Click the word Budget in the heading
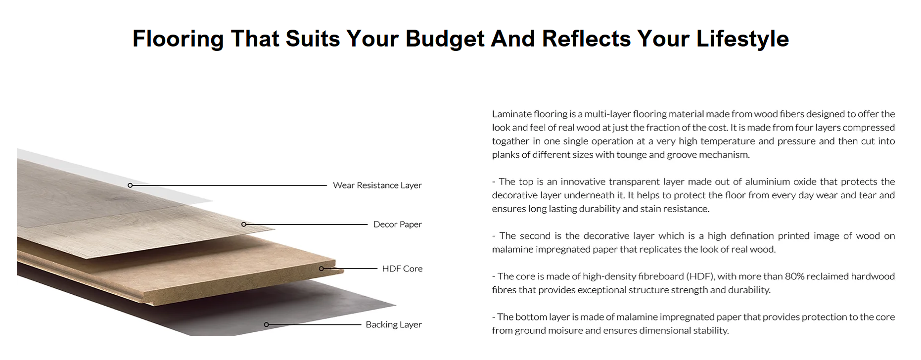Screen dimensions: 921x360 445,39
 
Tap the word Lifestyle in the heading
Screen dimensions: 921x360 742,39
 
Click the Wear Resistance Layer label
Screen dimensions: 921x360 377,185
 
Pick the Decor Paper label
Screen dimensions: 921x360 398,225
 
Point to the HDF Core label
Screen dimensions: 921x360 402,269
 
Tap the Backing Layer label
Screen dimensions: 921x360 394,324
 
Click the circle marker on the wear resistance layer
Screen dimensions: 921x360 130,185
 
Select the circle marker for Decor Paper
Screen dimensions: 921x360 243,225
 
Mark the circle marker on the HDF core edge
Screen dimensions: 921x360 321,269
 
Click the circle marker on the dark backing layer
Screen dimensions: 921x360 266,325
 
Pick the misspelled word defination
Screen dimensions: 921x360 746,236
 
